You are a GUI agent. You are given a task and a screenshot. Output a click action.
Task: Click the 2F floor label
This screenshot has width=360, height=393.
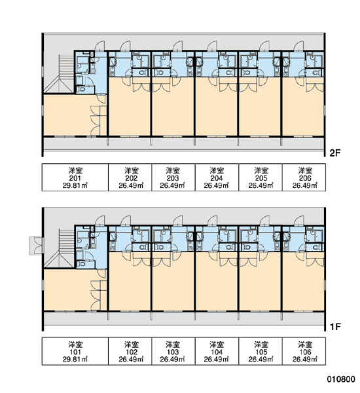point(335,153)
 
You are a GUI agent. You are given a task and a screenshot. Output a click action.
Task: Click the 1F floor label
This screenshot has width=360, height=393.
point(335,327)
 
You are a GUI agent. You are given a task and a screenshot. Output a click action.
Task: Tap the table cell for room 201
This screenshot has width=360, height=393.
point(75,178)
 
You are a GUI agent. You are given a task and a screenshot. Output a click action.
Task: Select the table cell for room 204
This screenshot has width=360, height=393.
point(217,178)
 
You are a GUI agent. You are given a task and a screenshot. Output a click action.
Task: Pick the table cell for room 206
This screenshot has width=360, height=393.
point(304,178)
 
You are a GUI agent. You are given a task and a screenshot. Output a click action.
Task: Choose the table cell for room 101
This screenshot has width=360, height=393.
point(75,351)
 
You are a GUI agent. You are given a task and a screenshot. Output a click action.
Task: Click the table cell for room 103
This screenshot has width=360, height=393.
point(173,351)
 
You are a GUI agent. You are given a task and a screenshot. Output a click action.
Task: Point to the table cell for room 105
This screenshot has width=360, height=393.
point(261,351)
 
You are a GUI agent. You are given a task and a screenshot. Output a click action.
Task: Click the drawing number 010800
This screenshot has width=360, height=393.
point(341,379)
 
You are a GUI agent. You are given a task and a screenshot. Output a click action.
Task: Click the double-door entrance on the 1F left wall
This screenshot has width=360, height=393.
point(37,246)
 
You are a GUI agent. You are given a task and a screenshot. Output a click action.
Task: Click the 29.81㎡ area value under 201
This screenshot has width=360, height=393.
point(75,185)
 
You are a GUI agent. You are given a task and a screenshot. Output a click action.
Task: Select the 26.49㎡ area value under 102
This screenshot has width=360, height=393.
point(131,360)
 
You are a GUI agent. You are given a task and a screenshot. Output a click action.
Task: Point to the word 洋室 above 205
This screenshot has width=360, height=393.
point(261,170)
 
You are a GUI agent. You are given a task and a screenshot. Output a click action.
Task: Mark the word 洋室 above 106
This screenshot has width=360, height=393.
point(305,345)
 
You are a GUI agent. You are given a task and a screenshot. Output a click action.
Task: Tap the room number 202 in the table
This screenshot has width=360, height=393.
point(132,178)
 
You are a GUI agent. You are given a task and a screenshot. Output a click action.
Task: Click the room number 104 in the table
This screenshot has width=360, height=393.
point(217,352)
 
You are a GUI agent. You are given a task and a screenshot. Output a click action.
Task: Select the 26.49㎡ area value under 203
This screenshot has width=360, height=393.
point(172,185)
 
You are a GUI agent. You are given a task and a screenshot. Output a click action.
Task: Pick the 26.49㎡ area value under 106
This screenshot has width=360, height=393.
point(305,360)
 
